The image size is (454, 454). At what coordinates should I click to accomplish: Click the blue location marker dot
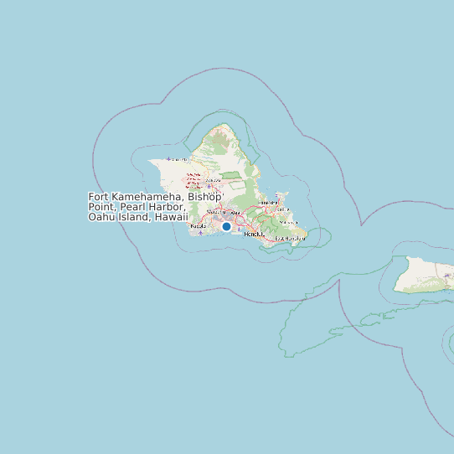[226, 226]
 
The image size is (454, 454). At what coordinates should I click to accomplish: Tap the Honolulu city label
[253, 234]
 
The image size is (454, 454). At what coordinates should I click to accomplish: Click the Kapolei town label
[199, 226]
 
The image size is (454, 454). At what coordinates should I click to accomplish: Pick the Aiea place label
[235, 213]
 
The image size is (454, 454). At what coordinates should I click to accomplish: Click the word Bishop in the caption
[204, 196]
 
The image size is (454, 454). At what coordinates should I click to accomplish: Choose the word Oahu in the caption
[101, 217]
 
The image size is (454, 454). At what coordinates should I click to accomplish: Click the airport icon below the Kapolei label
[200, 234]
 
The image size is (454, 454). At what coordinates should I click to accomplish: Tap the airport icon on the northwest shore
[170, 158]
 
